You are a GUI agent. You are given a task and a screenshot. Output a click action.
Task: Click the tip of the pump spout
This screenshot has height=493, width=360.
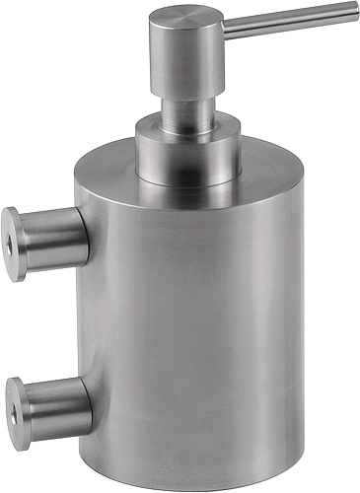click(354, 11)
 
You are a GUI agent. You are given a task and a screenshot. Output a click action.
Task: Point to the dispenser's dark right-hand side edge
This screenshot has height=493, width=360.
click(299, 325)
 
